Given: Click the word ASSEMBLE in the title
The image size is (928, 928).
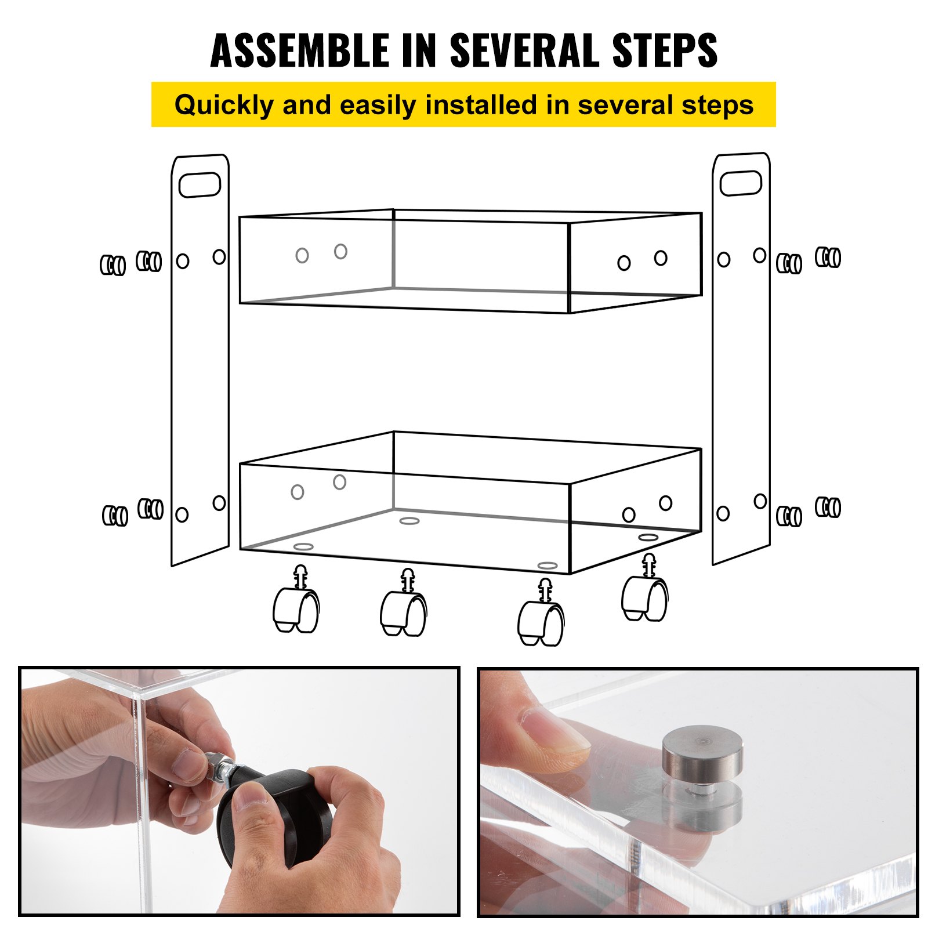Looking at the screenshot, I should point(299,50).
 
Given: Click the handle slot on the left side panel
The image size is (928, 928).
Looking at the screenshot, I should point(200,184).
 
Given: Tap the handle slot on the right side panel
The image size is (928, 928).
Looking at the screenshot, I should point(741,183).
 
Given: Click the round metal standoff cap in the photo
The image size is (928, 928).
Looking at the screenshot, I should point(702,754).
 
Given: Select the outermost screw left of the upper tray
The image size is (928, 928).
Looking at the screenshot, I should point(113,265).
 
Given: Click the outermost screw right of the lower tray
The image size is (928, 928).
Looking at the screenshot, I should point(828,507).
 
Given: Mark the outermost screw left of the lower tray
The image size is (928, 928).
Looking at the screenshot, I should point(115,515).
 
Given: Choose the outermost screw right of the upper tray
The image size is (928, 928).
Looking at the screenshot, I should point(828,256).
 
